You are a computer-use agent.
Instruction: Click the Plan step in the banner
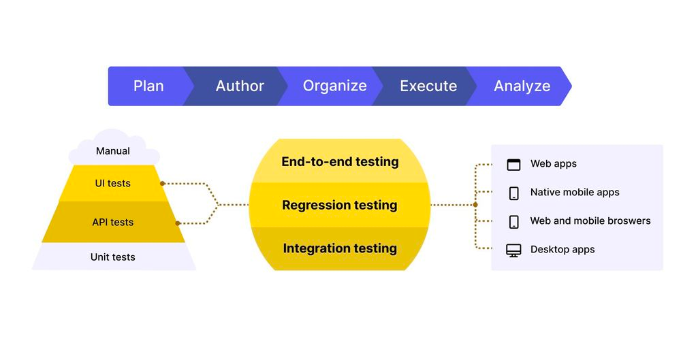point(148,86)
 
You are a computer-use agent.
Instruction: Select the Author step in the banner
point(240,86)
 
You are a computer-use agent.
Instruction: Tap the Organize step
point(334,86)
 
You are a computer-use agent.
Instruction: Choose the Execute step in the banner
point(428,86)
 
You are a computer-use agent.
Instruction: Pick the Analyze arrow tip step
point(522,86)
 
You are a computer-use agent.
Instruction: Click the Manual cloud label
point(113,151)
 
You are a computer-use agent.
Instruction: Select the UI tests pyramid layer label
point(113,183)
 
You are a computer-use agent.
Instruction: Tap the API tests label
point(113,222)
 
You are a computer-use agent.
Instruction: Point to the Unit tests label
point(113,257)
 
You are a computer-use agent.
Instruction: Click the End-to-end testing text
point(340,162)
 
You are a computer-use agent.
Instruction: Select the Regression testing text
point(340,205)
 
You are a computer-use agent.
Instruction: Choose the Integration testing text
point(340,248)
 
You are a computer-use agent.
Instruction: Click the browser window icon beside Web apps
point(513,164)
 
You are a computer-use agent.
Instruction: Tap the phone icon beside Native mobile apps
point(514,193)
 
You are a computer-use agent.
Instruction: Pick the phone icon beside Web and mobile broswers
point(514,221)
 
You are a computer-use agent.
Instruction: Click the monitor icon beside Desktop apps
point(513,250)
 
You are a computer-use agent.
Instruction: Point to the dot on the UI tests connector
point(162,184)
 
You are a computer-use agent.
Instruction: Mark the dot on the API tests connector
point(177,223)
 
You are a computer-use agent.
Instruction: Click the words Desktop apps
point(563,250)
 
